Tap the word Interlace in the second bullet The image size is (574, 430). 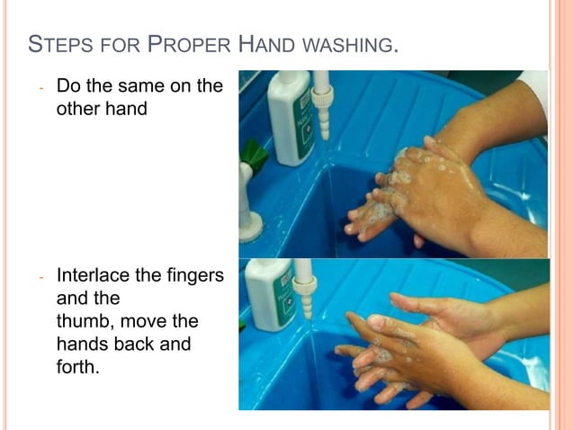(94, 274)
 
